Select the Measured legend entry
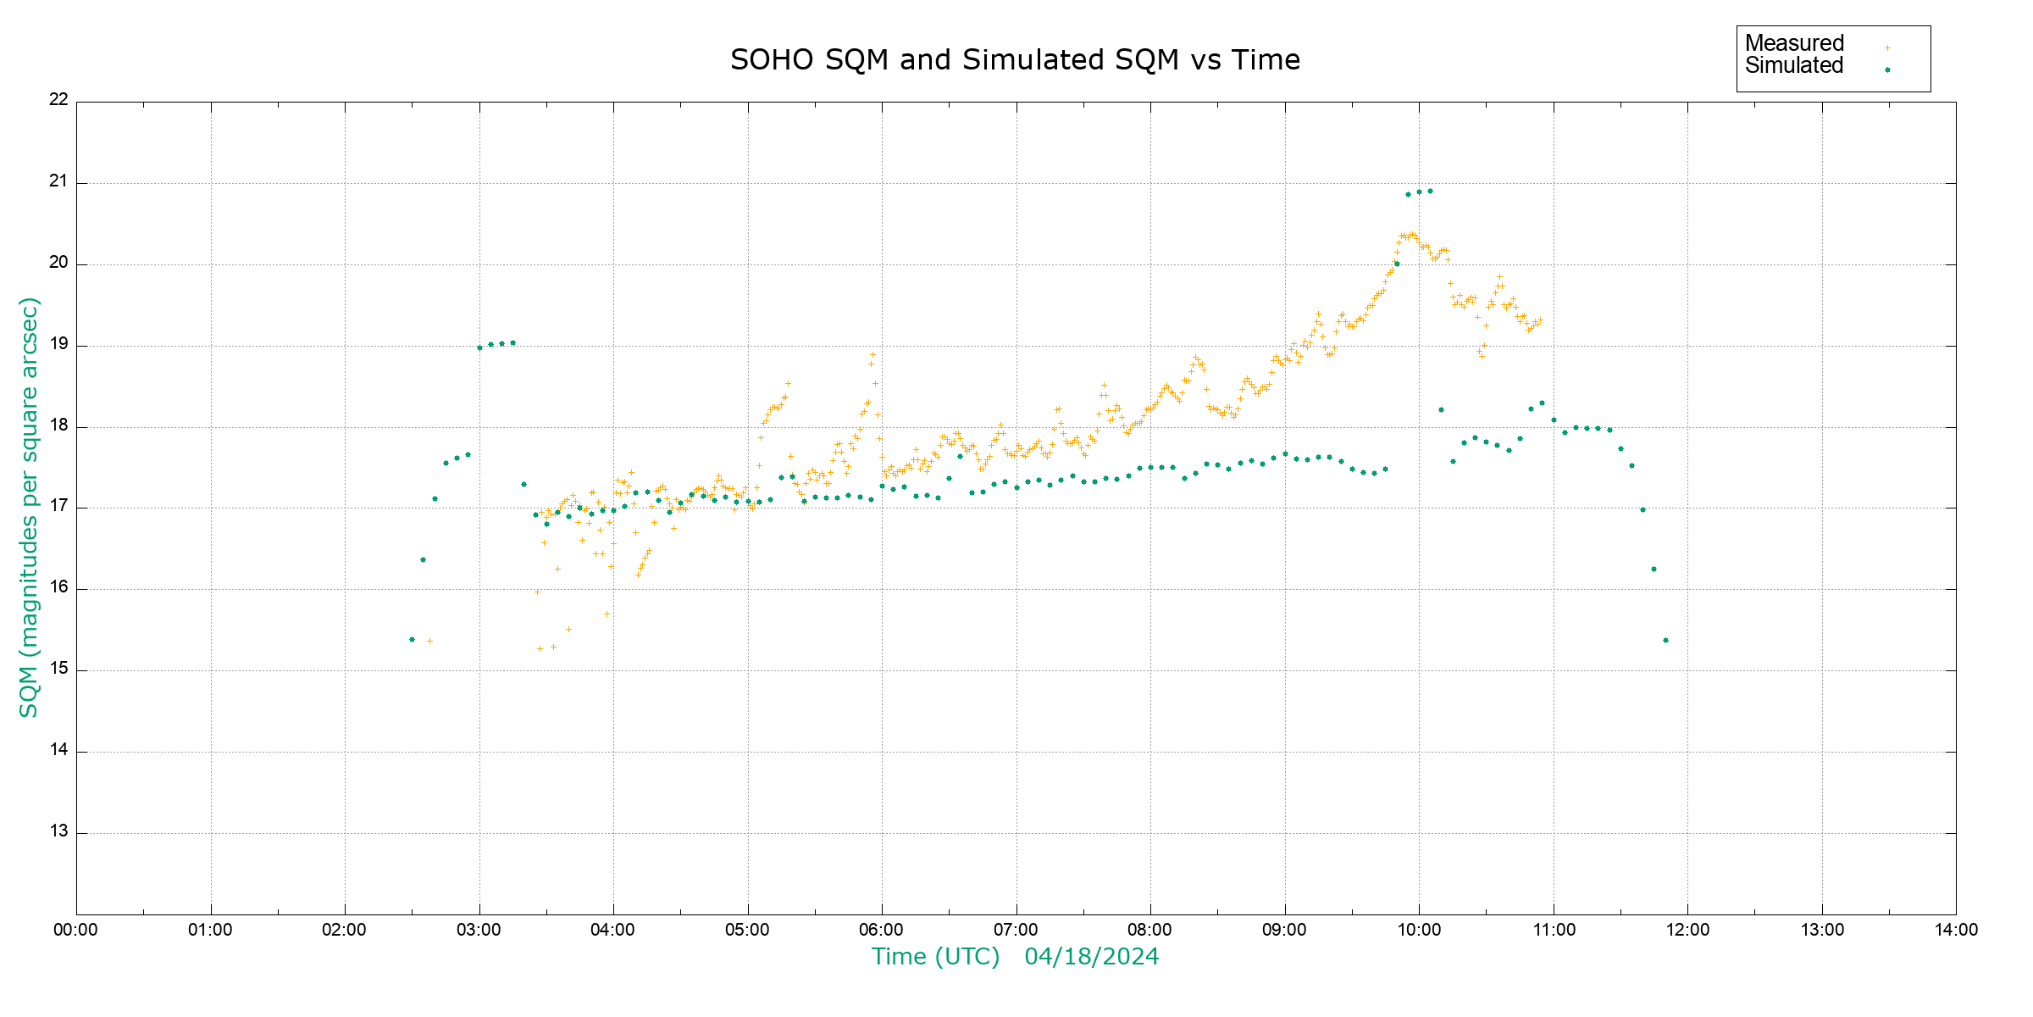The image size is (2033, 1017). [1794, 43]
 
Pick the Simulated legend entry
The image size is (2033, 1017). [1794, 66]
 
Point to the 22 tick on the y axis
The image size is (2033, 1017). [58, 99]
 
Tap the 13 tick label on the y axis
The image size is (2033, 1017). [58, 831]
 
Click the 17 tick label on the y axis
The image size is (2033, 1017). [58, 507]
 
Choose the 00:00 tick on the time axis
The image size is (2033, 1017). [76, 930]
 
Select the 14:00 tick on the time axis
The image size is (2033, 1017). [1956, 930]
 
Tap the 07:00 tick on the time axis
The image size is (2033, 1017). [1016, 930]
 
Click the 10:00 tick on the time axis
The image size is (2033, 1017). [1419, 930]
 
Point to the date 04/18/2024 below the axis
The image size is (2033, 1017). [1091, 957]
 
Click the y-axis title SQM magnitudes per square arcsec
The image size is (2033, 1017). [29, 507]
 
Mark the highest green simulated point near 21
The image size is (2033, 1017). [1430, 191]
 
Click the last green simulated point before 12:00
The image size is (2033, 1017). [1665, 640]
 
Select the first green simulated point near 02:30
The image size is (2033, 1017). [412, 639]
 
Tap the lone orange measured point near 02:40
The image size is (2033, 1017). [429, 641]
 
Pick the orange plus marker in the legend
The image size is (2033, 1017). [1887, 47]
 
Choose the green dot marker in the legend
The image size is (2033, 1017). [1887, 69]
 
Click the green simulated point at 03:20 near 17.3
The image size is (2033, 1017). [523, 484]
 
